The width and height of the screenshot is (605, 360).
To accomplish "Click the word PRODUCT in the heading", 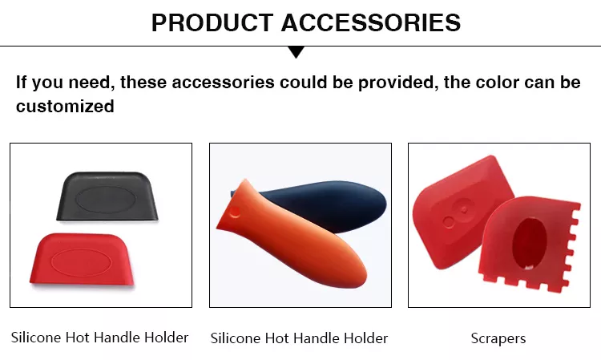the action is (x=212, y=22).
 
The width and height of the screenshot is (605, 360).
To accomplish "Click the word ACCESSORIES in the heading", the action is (x=371, y=22).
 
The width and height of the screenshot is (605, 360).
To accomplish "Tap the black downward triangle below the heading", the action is (x=296, y=52).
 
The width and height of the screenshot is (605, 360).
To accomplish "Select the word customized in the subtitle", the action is (x=65, y=106).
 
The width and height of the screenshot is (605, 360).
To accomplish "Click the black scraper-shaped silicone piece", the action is (x=107, y=196).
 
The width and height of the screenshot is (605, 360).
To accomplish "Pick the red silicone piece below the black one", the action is (x=82, y=260).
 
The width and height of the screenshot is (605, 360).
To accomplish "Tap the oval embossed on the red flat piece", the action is (x=81, y=262).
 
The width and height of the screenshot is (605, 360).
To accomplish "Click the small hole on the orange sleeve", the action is (x=234, y=212).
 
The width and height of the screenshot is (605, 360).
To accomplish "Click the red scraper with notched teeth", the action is (x=529, y=245).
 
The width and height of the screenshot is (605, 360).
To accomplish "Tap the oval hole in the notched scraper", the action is (x=530, y=243).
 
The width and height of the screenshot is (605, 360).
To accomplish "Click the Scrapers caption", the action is (x=498, y=338).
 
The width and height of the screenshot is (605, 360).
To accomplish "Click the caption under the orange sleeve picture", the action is (x=299, y=338).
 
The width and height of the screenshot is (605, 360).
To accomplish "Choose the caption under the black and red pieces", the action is (x=99, y=338).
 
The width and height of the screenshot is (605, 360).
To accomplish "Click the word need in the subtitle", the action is (x=90, y=83).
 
